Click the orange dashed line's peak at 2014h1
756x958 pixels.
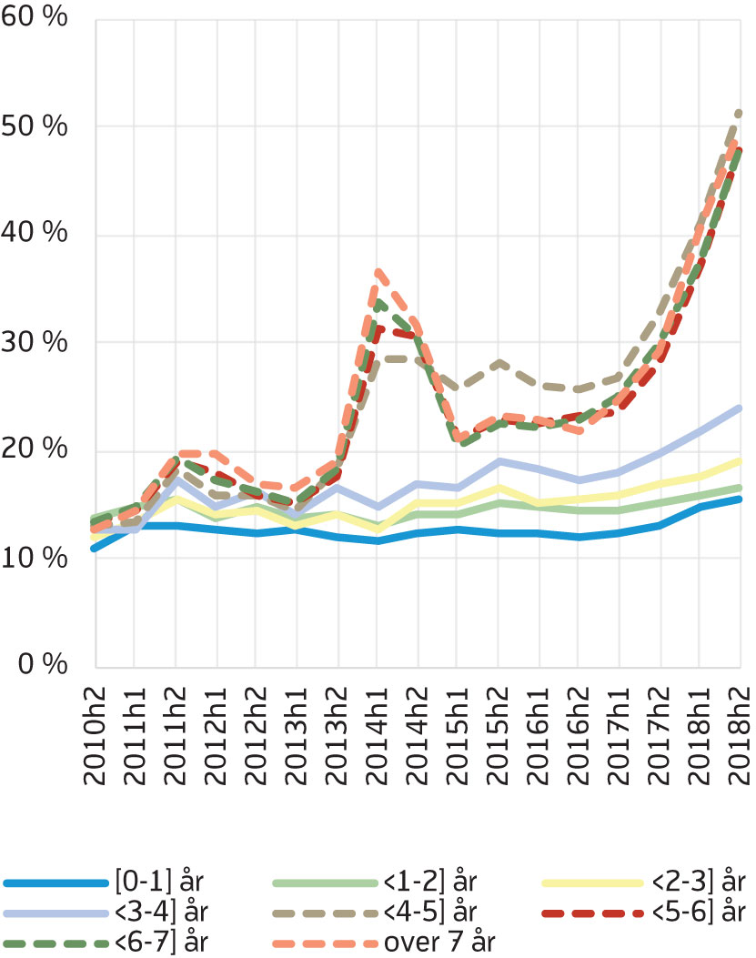click(x=378, y=271)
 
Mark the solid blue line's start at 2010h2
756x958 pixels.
click(x=96, y=548)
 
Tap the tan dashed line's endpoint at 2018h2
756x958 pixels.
click(x=738, y=113)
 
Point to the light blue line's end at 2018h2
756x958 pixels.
click(x=738, y=408)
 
